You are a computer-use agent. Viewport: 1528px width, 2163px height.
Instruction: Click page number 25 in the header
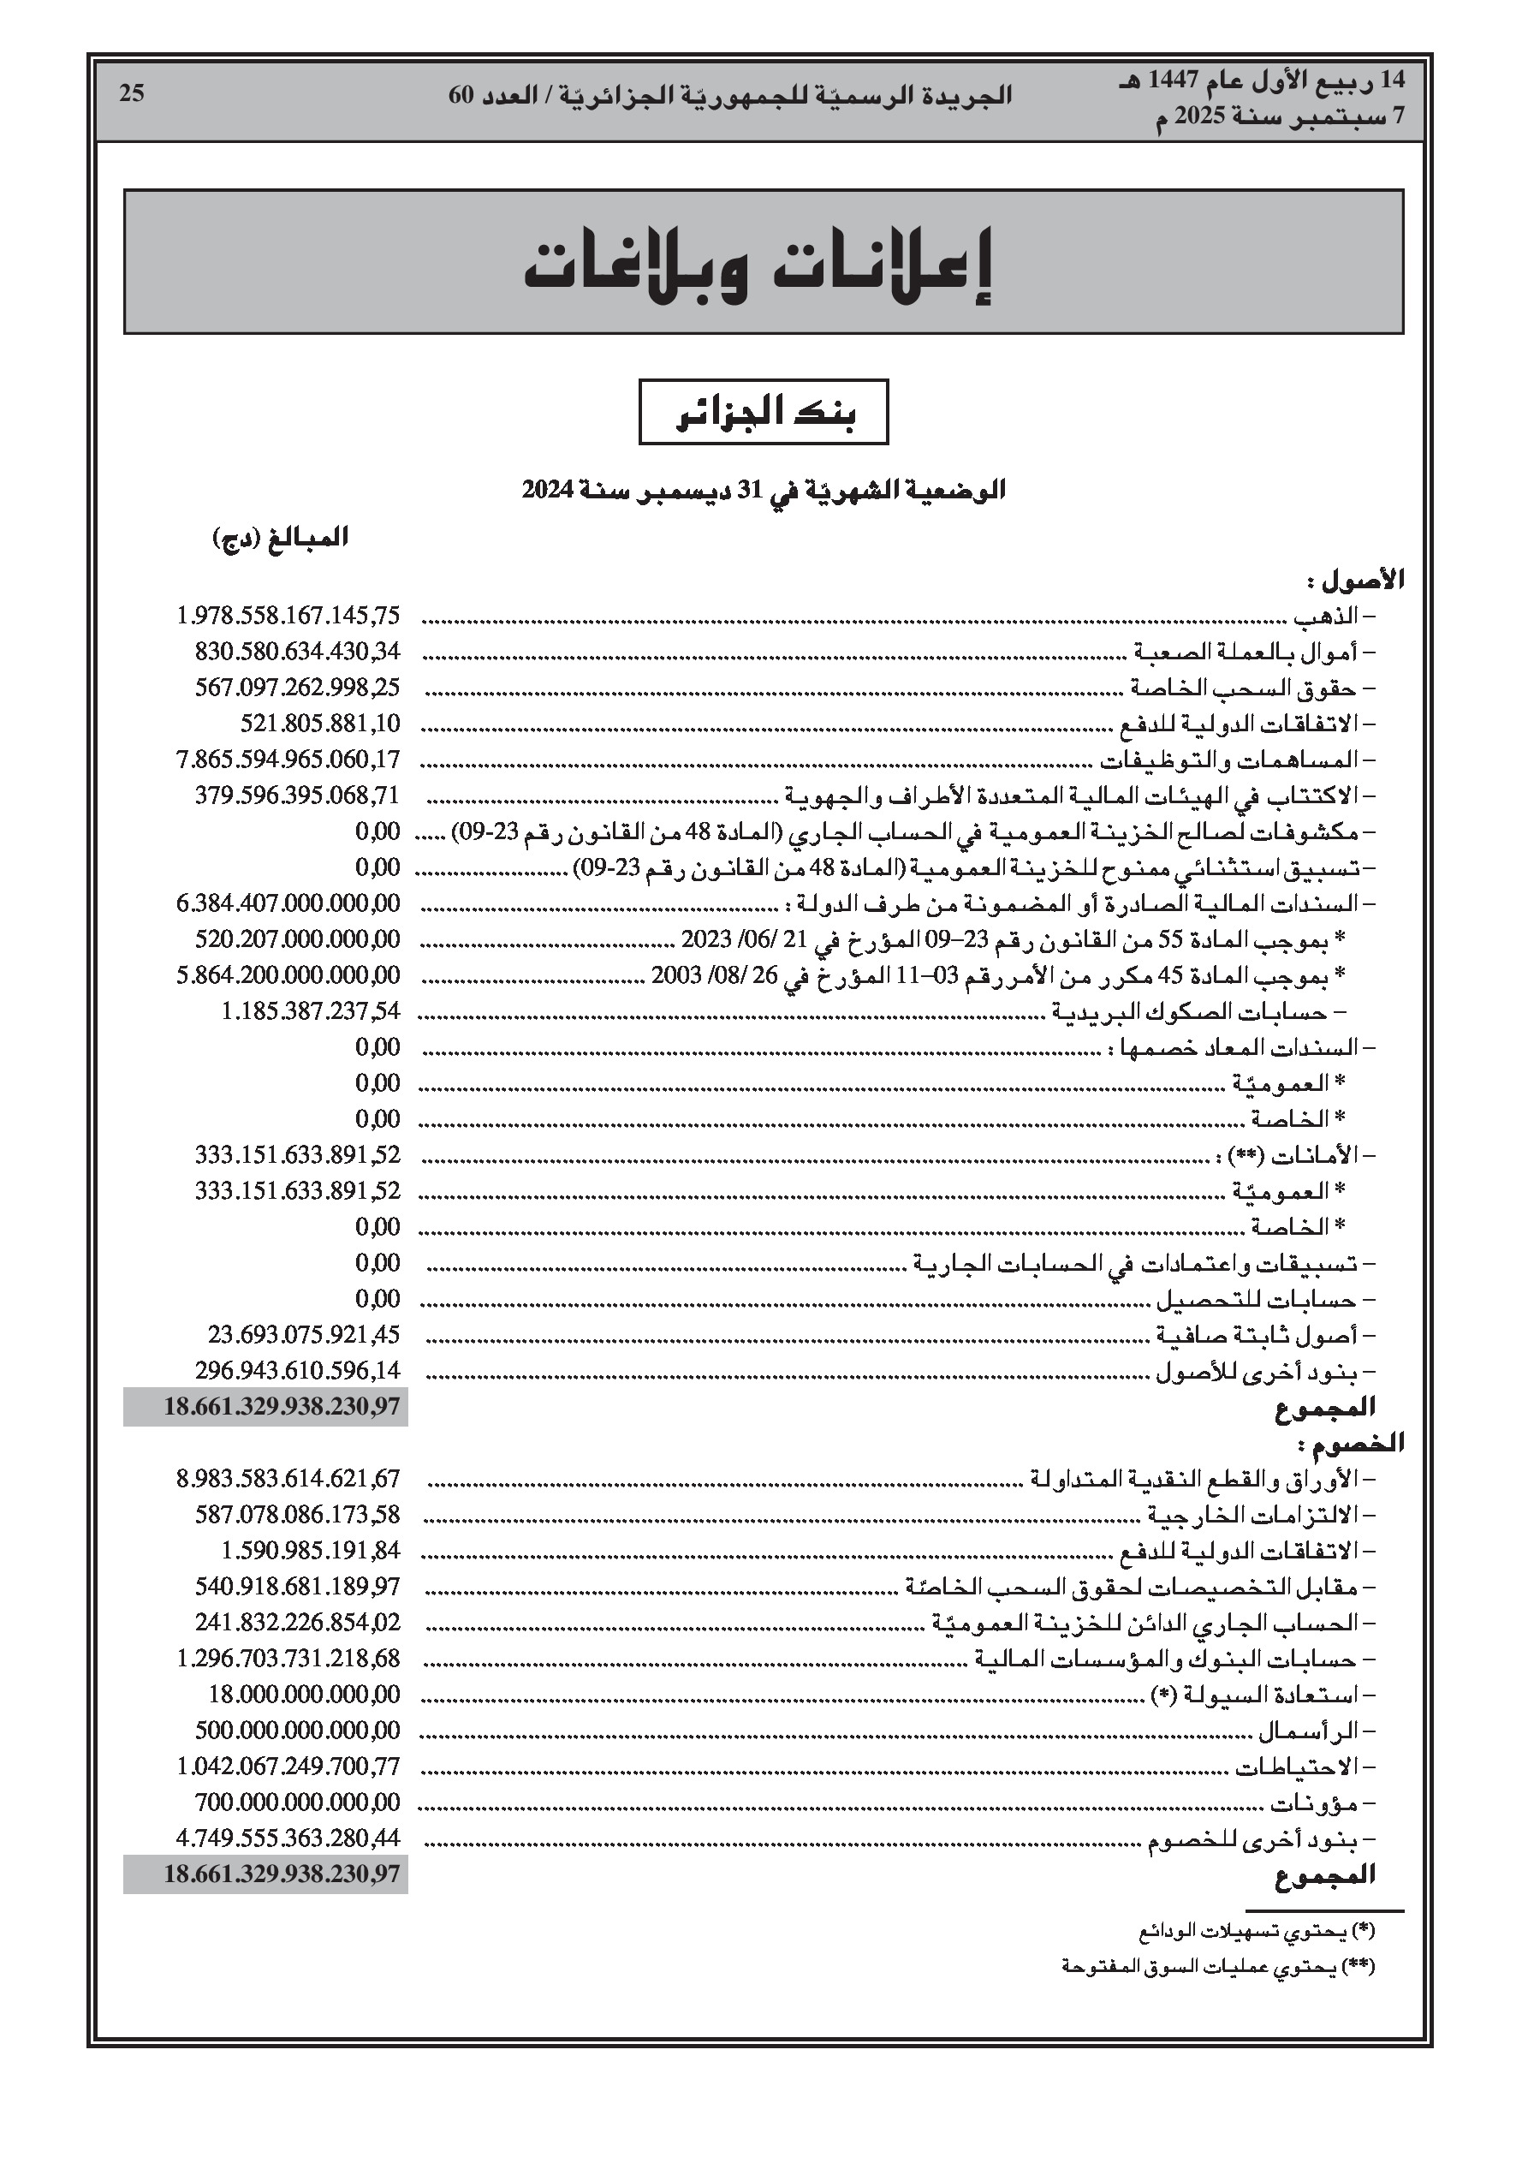tap(132, 93)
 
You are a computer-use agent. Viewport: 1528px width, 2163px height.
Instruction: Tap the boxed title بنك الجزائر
tap(763, 413)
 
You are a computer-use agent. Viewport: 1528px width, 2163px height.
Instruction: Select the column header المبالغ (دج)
tap(280, 538)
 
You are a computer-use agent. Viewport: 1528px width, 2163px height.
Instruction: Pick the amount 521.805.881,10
tap(320, 724)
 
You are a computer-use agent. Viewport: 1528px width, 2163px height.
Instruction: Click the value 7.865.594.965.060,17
tap(288, 760)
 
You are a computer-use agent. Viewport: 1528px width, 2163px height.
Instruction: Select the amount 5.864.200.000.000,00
tap(288, 975)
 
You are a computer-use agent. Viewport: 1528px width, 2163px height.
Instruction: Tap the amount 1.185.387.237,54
tap(311, 1010)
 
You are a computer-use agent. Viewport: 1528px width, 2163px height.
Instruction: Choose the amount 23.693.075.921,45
tap(304, 1334)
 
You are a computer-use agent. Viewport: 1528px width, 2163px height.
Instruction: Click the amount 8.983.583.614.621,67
tap(288, 1478)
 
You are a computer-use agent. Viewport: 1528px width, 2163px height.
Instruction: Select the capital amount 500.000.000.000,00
tap(298, 1730)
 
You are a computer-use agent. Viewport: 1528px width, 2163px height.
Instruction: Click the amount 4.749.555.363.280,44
tap(288, 1837)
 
